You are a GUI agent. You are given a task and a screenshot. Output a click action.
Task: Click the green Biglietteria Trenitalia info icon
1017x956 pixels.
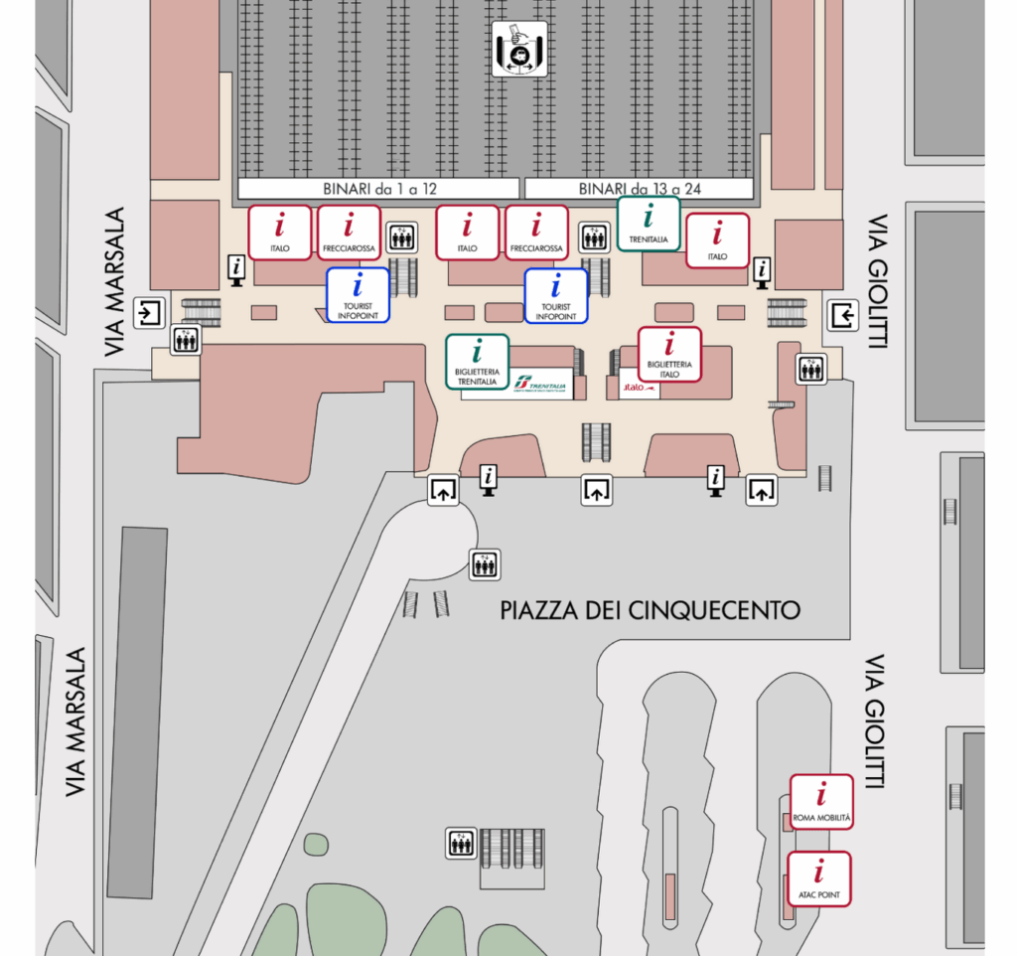point(477,361)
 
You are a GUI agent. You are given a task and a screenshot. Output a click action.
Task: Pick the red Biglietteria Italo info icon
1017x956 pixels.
point(669,354)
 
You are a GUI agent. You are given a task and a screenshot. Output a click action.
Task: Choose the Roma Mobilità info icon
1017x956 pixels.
point(821,802)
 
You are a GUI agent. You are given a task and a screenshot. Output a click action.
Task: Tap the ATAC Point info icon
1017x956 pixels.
point(819,878)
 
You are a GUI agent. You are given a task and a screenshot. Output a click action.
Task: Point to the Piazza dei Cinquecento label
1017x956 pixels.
point(651,610)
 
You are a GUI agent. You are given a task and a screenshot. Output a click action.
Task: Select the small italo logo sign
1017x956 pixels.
point(639,388)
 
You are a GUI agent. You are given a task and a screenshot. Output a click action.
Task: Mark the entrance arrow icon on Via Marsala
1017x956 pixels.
point(150,314)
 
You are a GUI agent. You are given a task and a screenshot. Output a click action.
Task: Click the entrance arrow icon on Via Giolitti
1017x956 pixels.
point(843,316)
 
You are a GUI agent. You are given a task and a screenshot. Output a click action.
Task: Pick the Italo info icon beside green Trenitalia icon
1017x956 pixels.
point(717,240)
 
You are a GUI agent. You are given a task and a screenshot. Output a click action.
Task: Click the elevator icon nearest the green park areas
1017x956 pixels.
point(460,844)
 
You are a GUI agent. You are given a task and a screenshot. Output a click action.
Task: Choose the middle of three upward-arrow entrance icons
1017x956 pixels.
point(595,490)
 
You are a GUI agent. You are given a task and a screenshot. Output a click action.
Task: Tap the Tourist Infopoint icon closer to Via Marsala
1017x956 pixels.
point(359,295)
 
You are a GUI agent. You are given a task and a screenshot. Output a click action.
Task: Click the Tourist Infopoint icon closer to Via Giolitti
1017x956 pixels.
point(556,295)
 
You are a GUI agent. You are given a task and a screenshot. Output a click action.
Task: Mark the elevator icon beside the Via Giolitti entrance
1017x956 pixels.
point(811,369)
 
